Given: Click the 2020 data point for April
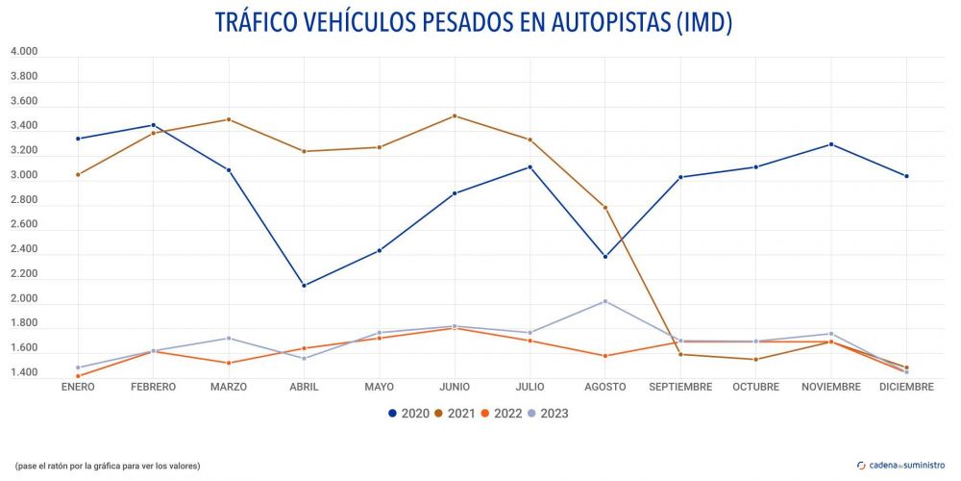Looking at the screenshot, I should [x=304, y=286].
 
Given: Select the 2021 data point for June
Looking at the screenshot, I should [x=455, y=116].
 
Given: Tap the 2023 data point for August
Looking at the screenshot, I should [x=604, y=301].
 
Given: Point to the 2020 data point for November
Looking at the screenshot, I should [x=830, y=144].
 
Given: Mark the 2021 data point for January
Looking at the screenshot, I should [x=78, y=174].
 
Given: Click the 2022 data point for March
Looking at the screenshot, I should [x=229, y=363].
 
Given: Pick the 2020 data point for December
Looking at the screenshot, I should [x=906, y=176].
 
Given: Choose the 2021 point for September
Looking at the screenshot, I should [x=680, y=354].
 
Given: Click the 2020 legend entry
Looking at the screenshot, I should [x=408, y=414].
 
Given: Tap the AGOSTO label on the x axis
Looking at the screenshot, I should [x=604, y=387].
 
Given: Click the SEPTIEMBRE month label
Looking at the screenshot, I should [x=680, y=387].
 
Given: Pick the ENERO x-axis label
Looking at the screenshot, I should [x=78, y=387].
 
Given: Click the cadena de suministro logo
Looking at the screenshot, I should [x=901, y=465].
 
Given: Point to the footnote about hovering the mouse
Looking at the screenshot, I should [x=108, y=466].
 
